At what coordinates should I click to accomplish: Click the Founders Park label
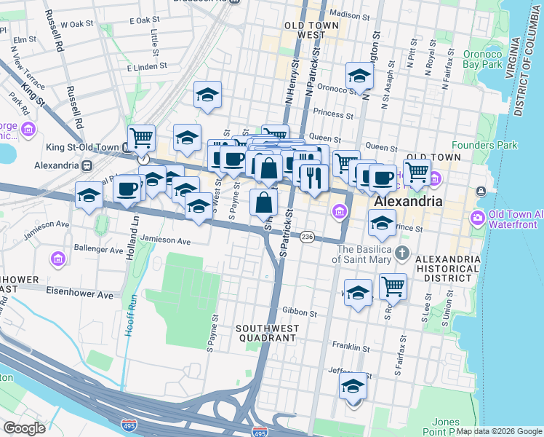tap(484, 145)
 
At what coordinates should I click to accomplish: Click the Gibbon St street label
tap(303, 312)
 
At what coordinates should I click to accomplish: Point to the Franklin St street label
tap(347, 345)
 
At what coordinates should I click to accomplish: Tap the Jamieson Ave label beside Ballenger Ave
tap(165, 240)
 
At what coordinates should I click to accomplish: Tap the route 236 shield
tap(308, 237)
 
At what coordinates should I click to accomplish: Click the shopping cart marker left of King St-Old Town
tap(141, 137)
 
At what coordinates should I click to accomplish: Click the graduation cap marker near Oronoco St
tap(359, 75)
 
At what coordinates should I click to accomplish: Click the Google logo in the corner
tap(24, 428)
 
